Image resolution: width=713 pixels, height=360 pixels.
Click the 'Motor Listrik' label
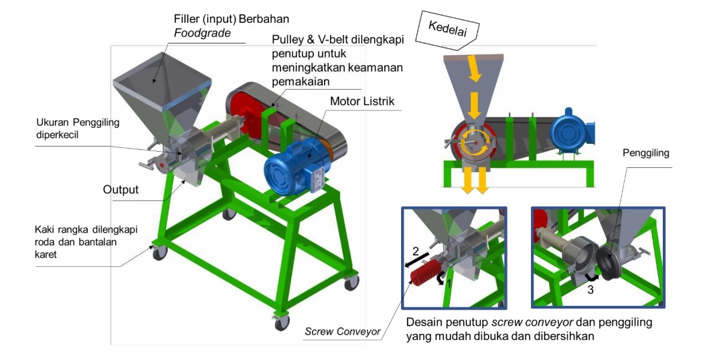(362, 102)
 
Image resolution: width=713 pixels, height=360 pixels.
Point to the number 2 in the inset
(414, 252)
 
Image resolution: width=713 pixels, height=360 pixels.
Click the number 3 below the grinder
(590, 290)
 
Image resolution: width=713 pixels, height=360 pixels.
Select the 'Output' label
(121, 189)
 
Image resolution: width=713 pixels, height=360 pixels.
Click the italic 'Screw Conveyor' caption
(343, 331)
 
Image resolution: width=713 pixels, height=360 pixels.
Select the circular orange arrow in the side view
(475, 143)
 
